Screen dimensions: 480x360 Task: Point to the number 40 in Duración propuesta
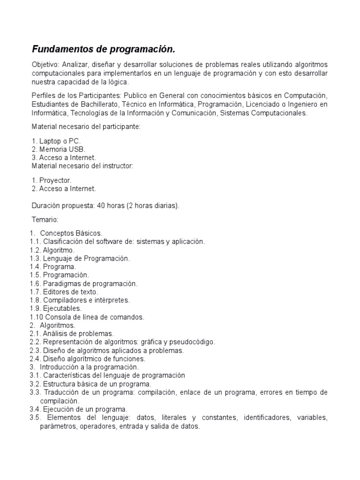(x=101, y=205)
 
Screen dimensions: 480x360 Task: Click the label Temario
(x=45, y=219)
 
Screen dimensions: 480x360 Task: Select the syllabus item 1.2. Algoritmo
(x=52, y=250)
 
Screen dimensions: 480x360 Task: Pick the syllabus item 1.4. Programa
(x=52, y=267)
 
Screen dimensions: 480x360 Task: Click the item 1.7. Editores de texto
(x=64, y=292)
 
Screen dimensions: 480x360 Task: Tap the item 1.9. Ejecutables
(x=55, y=308)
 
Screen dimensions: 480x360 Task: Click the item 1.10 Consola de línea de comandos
(x=87, y=317)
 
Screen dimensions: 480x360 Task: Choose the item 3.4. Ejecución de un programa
(x=78, y=409)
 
